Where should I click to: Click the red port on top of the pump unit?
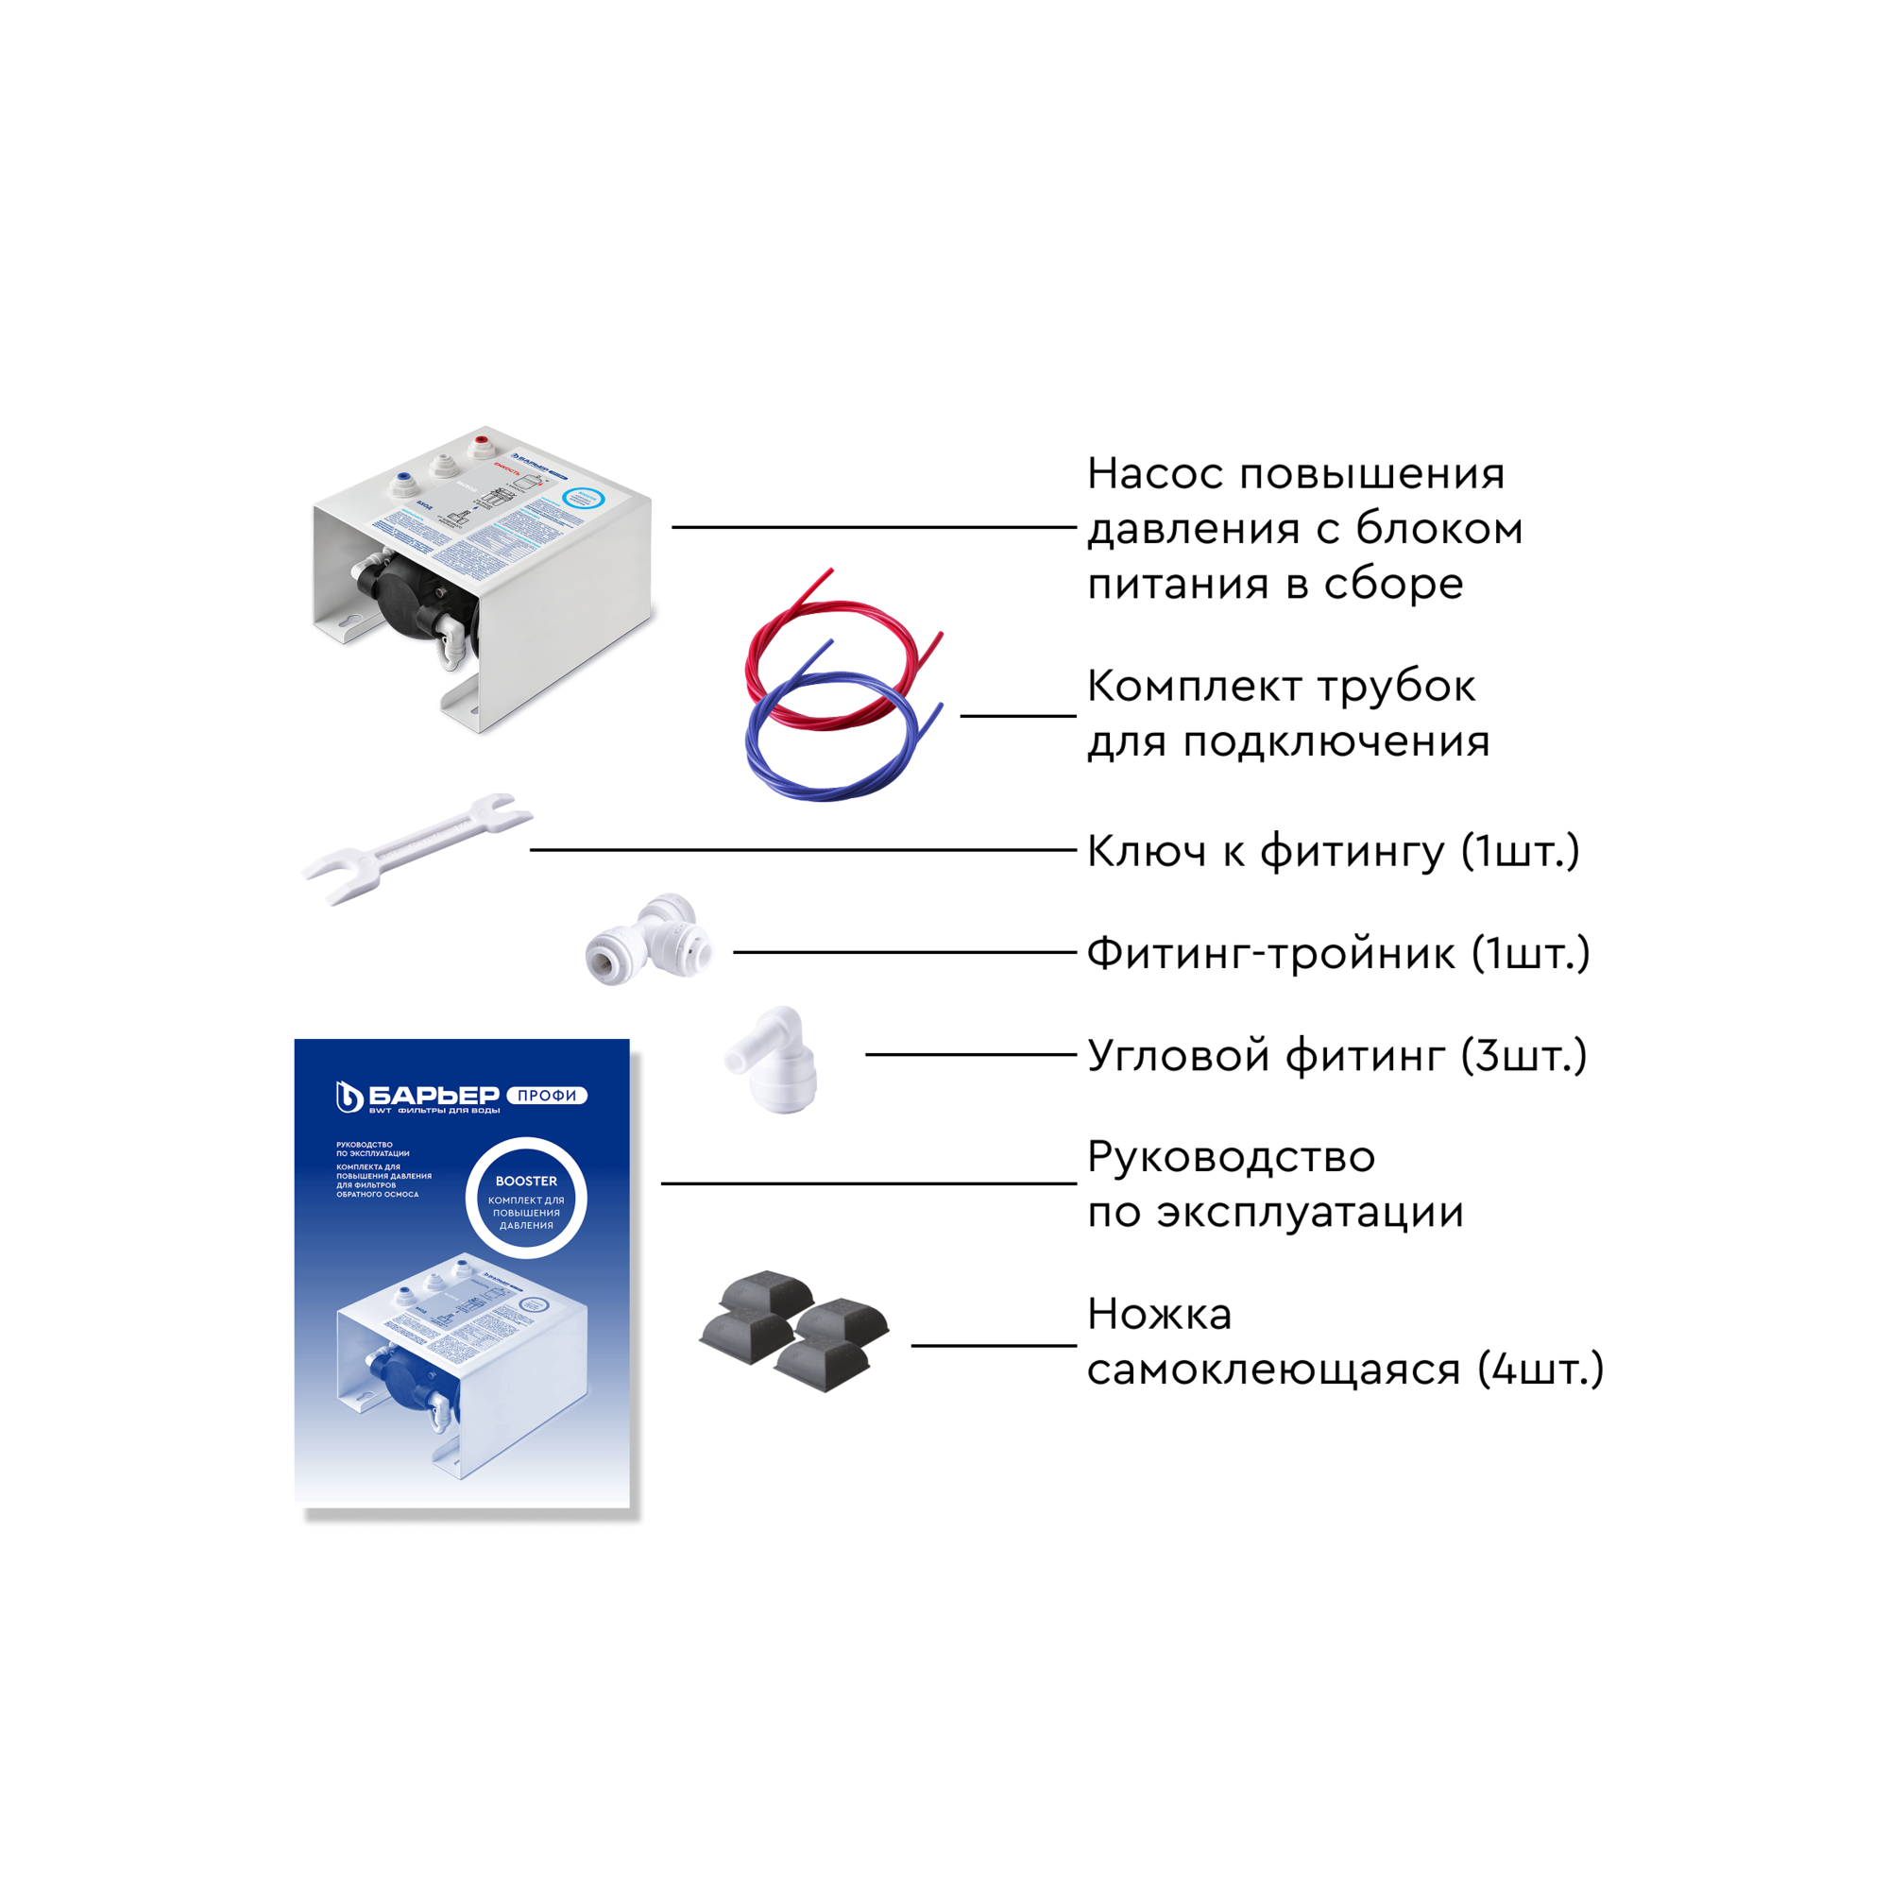482,445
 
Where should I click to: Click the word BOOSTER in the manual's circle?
526,1182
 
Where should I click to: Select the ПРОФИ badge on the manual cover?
547,1095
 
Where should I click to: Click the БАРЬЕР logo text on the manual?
434,1095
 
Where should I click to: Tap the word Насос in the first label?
1155,474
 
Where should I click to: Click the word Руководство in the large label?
1231,1158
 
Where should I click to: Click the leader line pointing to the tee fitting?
905,952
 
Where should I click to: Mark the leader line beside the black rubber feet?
994,1345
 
